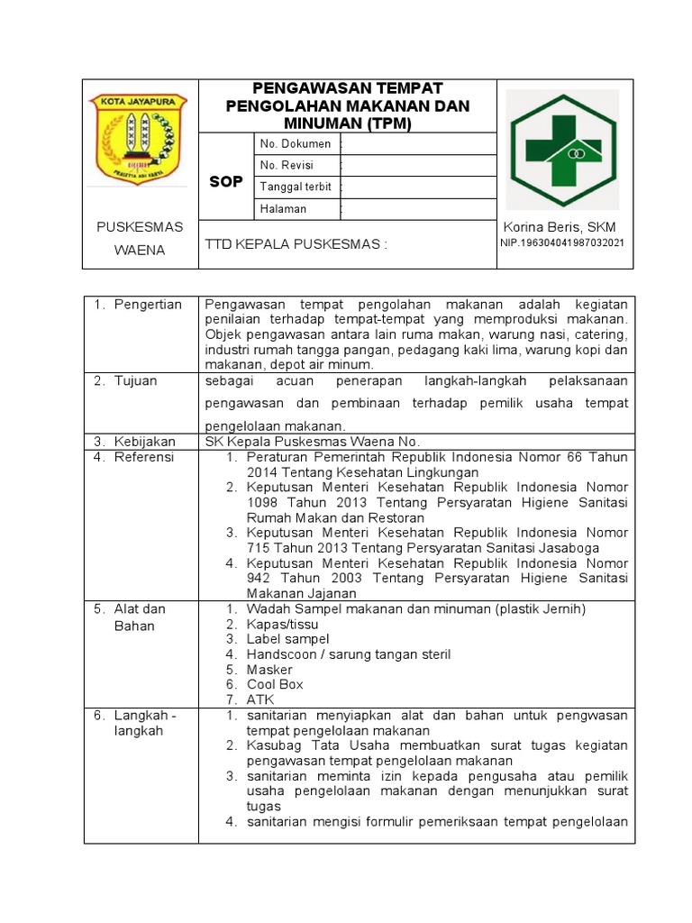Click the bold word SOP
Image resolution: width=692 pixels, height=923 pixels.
(x=226, y=182)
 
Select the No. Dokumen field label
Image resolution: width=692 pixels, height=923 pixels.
(x=295, y=143)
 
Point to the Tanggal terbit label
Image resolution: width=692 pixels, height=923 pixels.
(x=296, y=187)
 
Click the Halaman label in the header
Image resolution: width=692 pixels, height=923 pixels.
(x=283, y=208)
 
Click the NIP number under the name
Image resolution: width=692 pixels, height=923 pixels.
(x=562, y=243)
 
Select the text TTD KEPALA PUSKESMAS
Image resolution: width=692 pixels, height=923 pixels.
(x=296, y=244)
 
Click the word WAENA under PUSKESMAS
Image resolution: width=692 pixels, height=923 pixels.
(x=140, y=250)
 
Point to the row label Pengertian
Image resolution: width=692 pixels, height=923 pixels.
(x=148, y=305)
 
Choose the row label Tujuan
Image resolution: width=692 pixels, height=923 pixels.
(x=135, y=381)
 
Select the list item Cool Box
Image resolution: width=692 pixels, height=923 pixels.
(x=275, y=684)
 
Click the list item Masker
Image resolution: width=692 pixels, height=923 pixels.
(x=269, y=670)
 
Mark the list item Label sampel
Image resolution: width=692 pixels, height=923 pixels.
(x=287, y=639)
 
